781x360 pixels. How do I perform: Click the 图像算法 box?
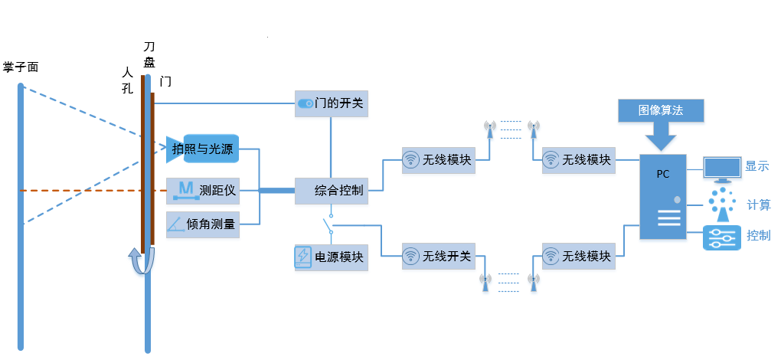(x=660, y=110)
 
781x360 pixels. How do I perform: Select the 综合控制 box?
(x=332, y=189)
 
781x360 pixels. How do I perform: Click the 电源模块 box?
(x=332, y=257)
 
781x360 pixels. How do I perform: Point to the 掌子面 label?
(x=21, y=67)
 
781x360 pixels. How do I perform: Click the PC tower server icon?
(x=662, y=197)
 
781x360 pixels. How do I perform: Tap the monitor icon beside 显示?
(x=721, y=168)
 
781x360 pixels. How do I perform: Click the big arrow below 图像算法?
(x=660, y=138)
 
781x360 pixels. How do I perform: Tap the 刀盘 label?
(x=150, y=55)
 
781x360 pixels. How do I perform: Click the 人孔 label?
(x=127, y=80)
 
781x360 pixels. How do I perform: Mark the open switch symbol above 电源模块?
(x=330, y=225)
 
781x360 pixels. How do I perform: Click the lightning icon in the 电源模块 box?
(x=303, y=257)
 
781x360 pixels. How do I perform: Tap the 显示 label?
(x=756, y=166)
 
